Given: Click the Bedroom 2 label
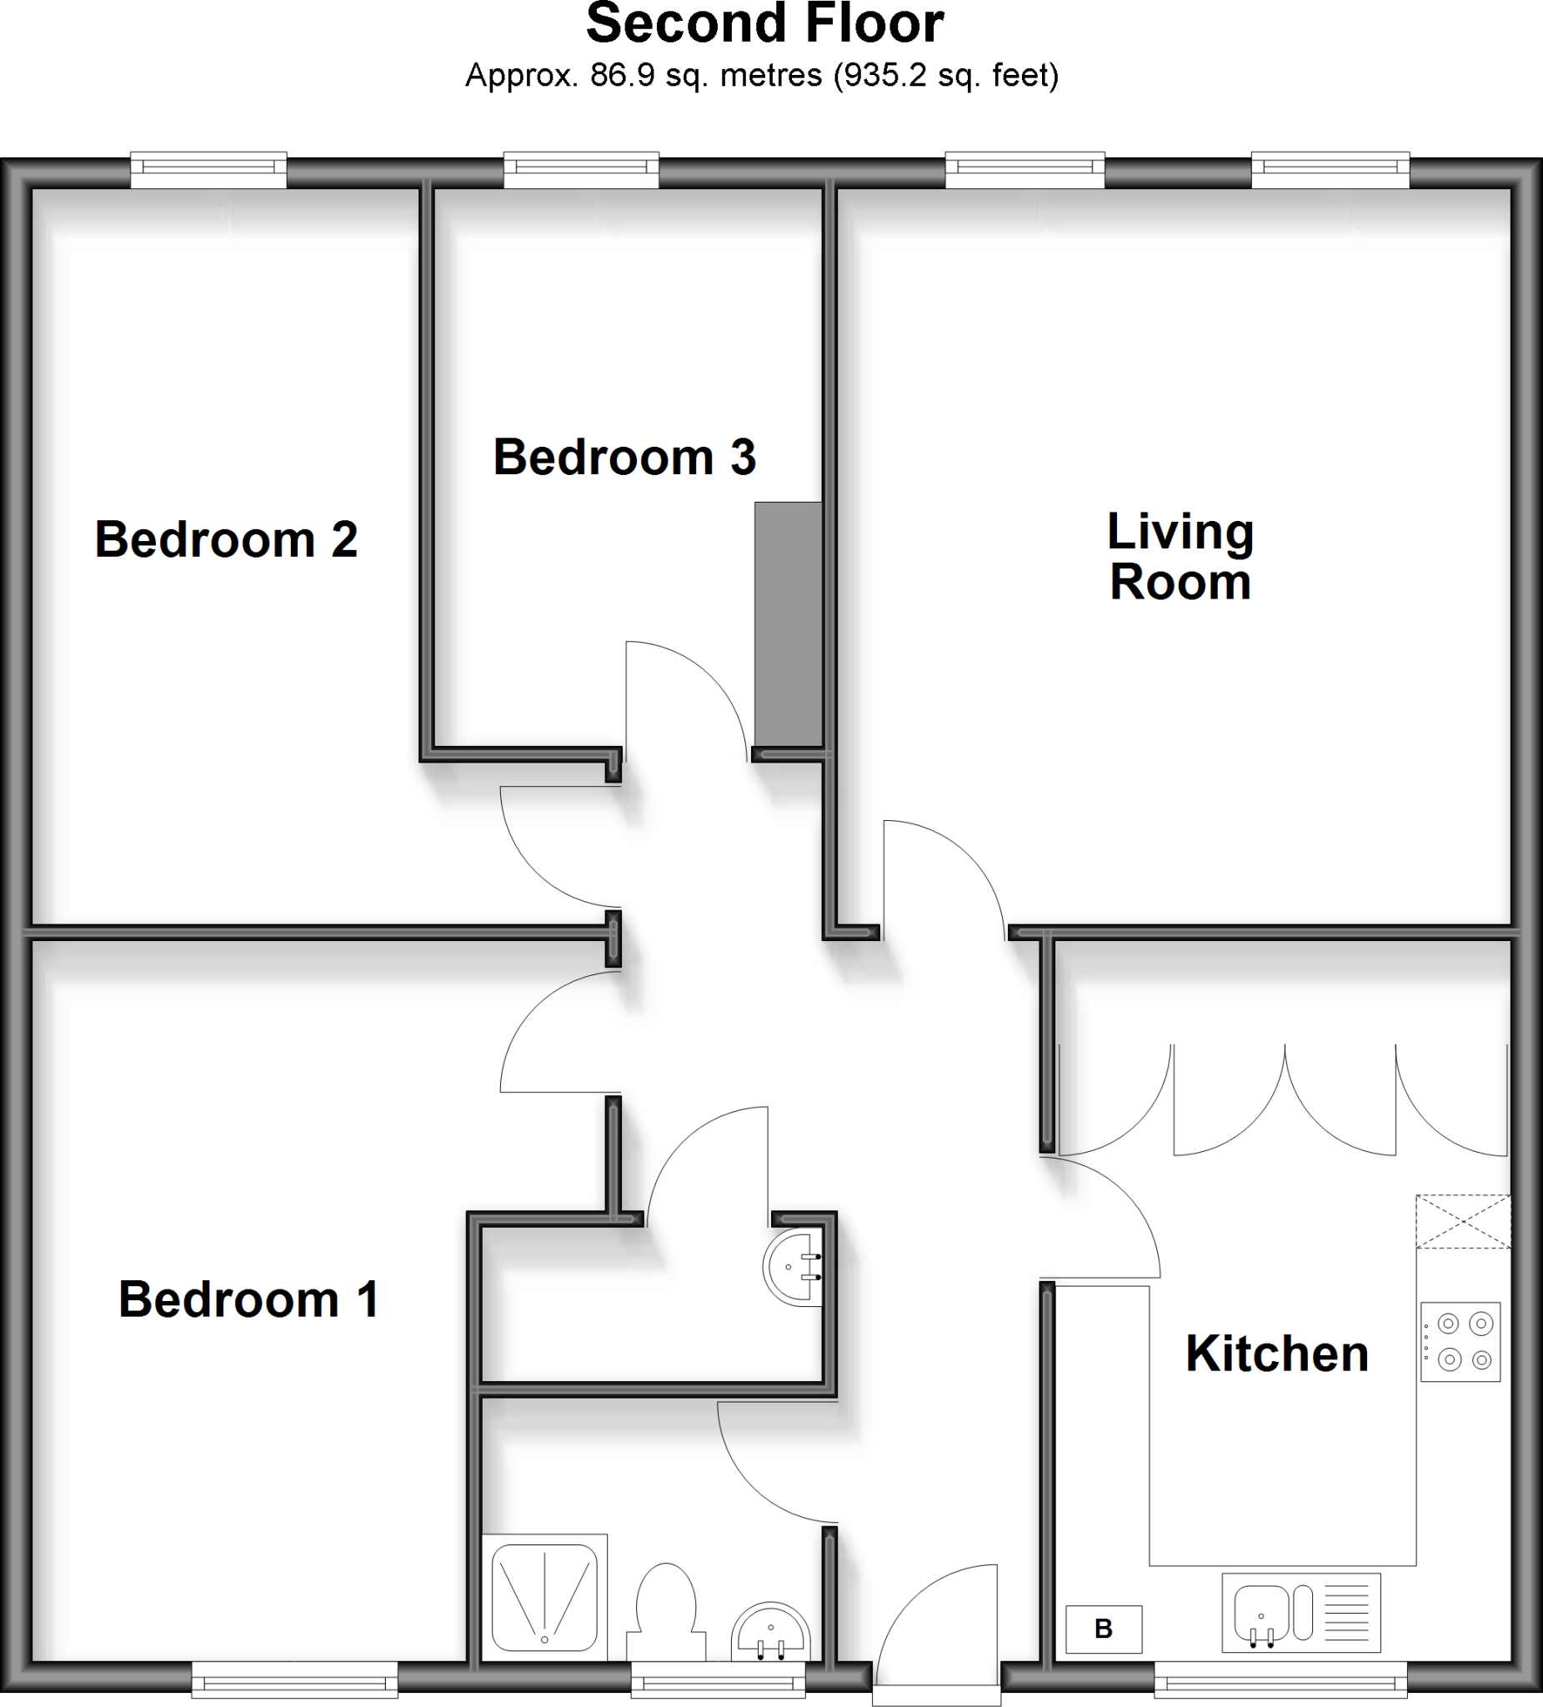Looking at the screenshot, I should (226, 539).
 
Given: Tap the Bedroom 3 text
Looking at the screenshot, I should (624, 458).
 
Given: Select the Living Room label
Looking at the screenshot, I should (1180, 556).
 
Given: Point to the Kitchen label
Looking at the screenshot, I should (1276, 1353).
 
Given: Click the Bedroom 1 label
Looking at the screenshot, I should (248, 1299).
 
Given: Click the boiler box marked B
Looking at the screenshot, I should (1103, 1629).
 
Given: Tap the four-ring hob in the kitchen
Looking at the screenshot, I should (1460, 1342).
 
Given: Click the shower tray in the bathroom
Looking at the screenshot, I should (544, 1597).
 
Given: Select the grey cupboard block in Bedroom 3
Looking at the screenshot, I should (788, 624).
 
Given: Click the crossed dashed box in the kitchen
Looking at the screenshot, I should (1462, 1221).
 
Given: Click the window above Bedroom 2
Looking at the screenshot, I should (208, 169).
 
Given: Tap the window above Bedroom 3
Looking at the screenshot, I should (581, 169).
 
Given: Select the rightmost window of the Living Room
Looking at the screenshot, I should (1330, 169).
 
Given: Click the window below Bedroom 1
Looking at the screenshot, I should (294, 1679).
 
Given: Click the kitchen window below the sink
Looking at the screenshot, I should (1280, 1679).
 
